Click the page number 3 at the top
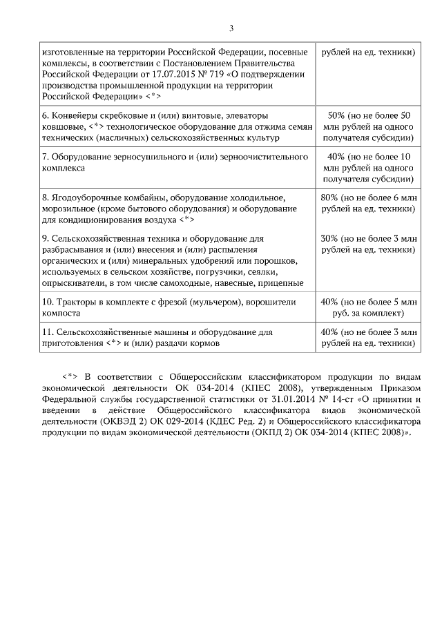(x=231, y=28)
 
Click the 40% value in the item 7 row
(x=336, y=157)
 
